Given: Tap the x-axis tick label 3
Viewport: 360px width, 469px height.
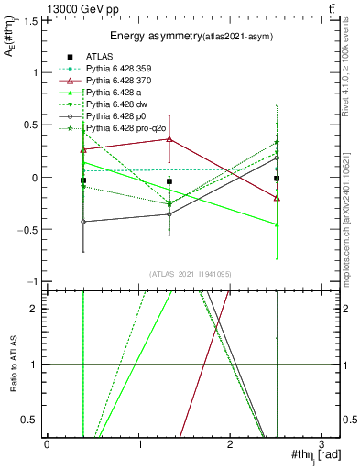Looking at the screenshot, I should coord(321,443).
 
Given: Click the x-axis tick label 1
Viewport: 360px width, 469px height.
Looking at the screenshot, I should coord(138,443).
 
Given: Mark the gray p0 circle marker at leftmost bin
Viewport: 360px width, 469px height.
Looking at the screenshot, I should coord(83,222).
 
